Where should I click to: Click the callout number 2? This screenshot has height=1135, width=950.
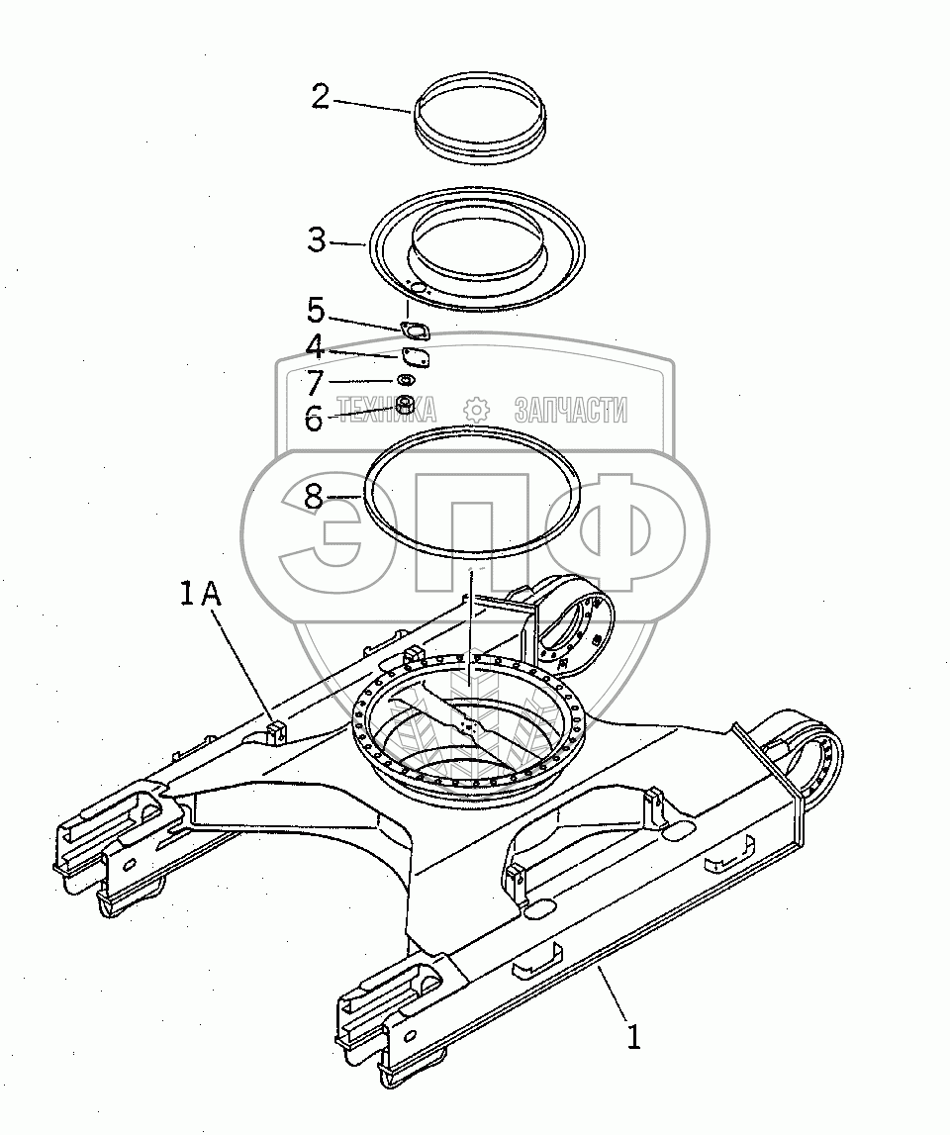point(321,97)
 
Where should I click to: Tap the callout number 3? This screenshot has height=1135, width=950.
point(317,240)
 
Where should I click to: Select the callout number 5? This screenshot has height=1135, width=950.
point(316,311)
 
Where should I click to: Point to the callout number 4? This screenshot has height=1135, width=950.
point(315,347)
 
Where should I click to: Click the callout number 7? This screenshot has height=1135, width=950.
point(315,382)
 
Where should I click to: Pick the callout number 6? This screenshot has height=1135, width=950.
point(314,420)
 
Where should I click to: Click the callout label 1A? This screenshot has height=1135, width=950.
point(201,595)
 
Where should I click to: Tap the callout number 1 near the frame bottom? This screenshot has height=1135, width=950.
point(634,1038)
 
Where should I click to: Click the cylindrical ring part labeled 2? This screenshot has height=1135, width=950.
point(478,119)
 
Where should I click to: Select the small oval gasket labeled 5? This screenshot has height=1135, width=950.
point(415,333)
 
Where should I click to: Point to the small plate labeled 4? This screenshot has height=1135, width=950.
point(415,358)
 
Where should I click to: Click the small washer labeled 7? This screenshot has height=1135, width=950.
point(406,381)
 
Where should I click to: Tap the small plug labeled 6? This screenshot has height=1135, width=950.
point(405,404)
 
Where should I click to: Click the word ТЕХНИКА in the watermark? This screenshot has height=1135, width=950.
point(387,410)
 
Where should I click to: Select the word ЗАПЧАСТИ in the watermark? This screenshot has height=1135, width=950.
point(570,410)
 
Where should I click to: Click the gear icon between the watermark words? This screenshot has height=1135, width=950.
point(477,410)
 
